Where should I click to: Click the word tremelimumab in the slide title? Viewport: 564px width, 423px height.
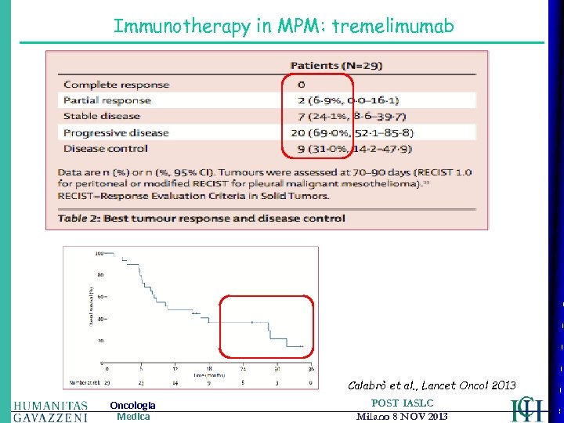coord(392,26)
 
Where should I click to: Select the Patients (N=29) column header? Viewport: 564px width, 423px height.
coord(336,66)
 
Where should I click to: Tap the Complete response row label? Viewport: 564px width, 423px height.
coord(116,85)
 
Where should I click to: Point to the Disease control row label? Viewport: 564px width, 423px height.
coord(105,148)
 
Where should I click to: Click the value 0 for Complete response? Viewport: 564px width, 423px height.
coord(302,85)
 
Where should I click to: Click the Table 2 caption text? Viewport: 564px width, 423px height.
coord(202,219)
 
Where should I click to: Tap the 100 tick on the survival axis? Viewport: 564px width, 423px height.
coord(99,254)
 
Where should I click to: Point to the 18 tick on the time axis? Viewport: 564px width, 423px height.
coord(209,368)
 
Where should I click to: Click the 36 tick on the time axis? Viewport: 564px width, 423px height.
coord(311,368)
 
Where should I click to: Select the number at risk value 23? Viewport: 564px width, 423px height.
coord(141,382)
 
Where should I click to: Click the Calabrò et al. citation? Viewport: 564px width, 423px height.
coord(432,385)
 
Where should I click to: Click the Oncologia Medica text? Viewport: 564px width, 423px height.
coord(132,410)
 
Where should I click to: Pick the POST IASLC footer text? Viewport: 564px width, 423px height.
coord(402,403)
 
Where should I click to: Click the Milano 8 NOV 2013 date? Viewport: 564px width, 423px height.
coord(402,417)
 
